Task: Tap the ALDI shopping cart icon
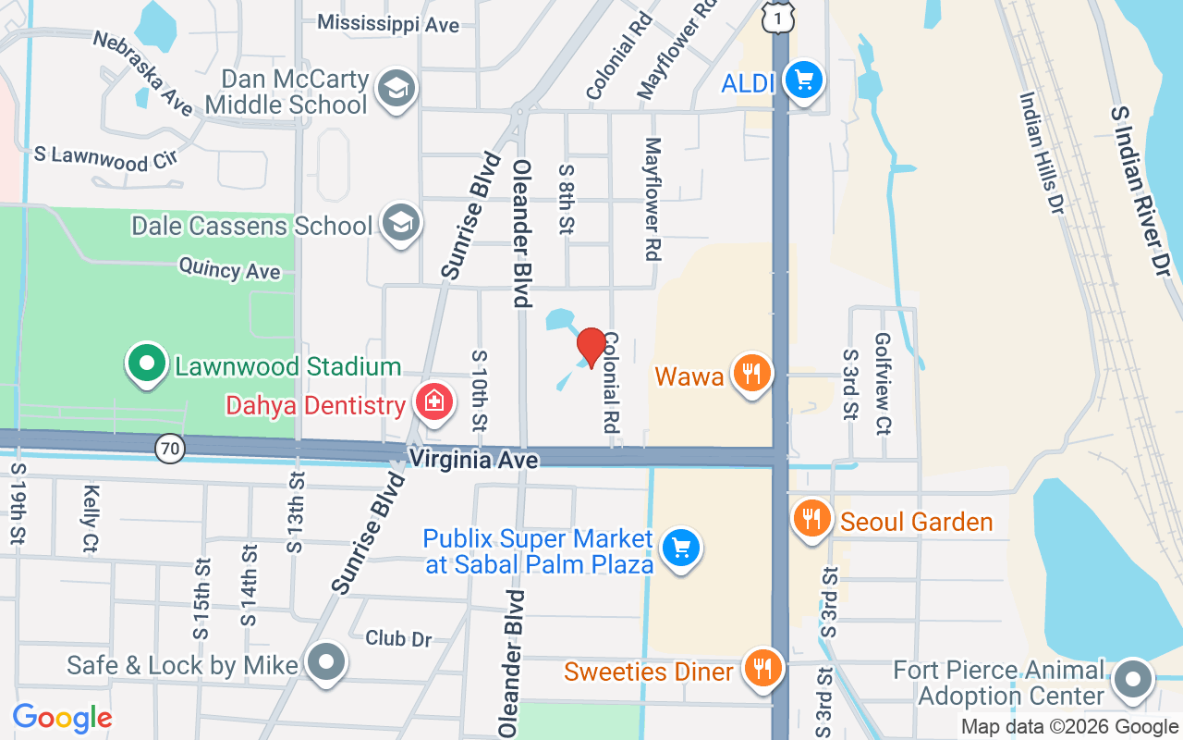(x=803, y=80)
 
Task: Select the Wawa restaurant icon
(x=752, y=374)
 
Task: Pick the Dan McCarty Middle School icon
(x=398, y=89)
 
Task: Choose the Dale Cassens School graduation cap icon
(x=402, y=223)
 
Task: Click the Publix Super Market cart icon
(x=682, y=548)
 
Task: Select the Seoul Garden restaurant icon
(x=811, y=519)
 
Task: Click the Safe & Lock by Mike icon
(x=326, y=662)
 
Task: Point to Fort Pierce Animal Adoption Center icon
(x=1132, y=680)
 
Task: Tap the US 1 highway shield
(x=780, y=18)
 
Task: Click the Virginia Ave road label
(x=473, y=458)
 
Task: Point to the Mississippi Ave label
(x=388, y=23)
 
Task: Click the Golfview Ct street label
(x=882, y=384)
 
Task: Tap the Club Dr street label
(x=398, y=638)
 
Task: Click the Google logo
(x=62, y=718)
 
